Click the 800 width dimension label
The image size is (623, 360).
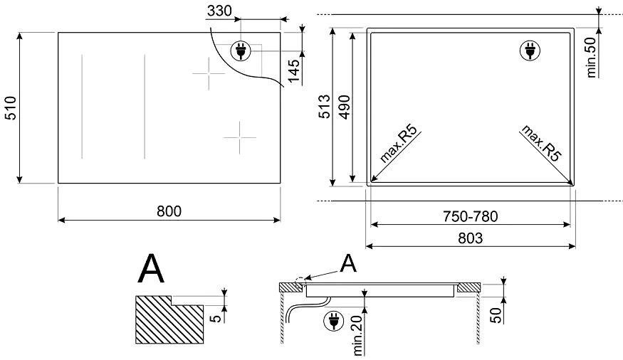click(x=169, y=211)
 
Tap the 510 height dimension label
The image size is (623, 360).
click(x=10, y=108)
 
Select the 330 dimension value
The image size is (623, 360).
click(x=219, y=11)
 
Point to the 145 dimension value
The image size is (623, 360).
click(x=294, y=70)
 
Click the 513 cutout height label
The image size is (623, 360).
click(x=325, y=107)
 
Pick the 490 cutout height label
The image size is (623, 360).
click(x=344, y=107)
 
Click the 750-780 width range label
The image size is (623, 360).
click(x=471, y=216)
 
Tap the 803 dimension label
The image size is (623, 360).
click(x=471, y=238)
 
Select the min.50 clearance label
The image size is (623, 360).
click(x=591, y=57)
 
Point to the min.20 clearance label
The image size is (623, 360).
click(x=358, y=336)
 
